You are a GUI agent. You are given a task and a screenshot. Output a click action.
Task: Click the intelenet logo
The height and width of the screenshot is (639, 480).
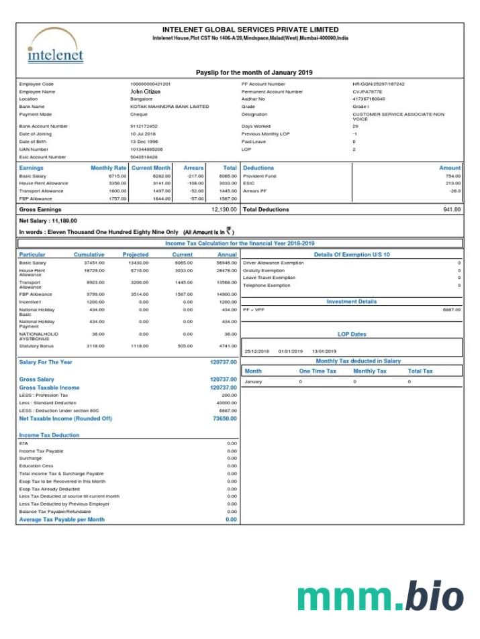(x=56, y=46)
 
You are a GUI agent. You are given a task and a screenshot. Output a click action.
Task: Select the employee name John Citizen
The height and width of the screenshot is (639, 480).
(x=145, y=91)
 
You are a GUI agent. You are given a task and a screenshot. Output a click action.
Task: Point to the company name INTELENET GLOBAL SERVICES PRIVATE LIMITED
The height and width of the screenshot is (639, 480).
(x=250, y=30)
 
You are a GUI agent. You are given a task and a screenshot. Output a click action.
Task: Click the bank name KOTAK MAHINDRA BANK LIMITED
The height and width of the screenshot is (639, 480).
(x=169, y=107)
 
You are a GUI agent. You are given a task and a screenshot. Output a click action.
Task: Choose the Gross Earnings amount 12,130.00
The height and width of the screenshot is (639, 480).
(x=224, y=209)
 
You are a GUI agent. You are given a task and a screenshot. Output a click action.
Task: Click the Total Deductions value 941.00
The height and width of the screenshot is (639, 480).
(x=452, y=209)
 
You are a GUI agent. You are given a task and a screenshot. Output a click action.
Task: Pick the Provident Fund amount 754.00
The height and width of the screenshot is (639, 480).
(x=453, y=176)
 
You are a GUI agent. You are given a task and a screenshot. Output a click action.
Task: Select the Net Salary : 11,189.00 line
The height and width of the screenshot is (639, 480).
(x=48, y=220)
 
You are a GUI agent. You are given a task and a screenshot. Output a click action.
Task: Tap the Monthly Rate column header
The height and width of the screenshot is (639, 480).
(x=109, y=168)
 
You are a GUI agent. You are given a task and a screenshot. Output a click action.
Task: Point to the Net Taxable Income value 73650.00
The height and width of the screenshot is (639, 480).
(x=223, y=418)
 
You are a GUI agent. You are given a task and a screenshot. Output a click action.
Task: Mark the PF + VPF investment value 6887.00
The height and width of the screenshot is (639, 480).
(x=452, y=310)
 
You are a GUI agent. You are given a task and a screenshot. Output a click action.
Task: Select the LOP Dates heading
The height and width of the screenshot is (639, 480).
(x=352, y=334)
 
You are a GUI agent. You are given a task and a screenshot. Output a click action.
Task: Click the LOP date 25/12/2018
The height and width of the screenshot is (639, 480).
(x=256, y=351)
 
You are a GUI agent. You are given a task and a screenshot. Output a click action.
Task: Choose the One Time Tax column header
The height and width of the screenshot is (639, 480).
(x=318, y=371)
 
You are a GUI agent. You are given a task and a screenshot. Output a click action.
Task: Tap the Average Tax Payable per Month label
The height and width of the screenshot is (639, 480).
(x=62, y=520)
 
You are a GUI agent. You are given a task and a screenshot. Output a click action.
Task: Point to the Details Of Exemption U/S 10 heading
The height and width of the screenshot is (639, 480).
(x=352, y=255)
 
